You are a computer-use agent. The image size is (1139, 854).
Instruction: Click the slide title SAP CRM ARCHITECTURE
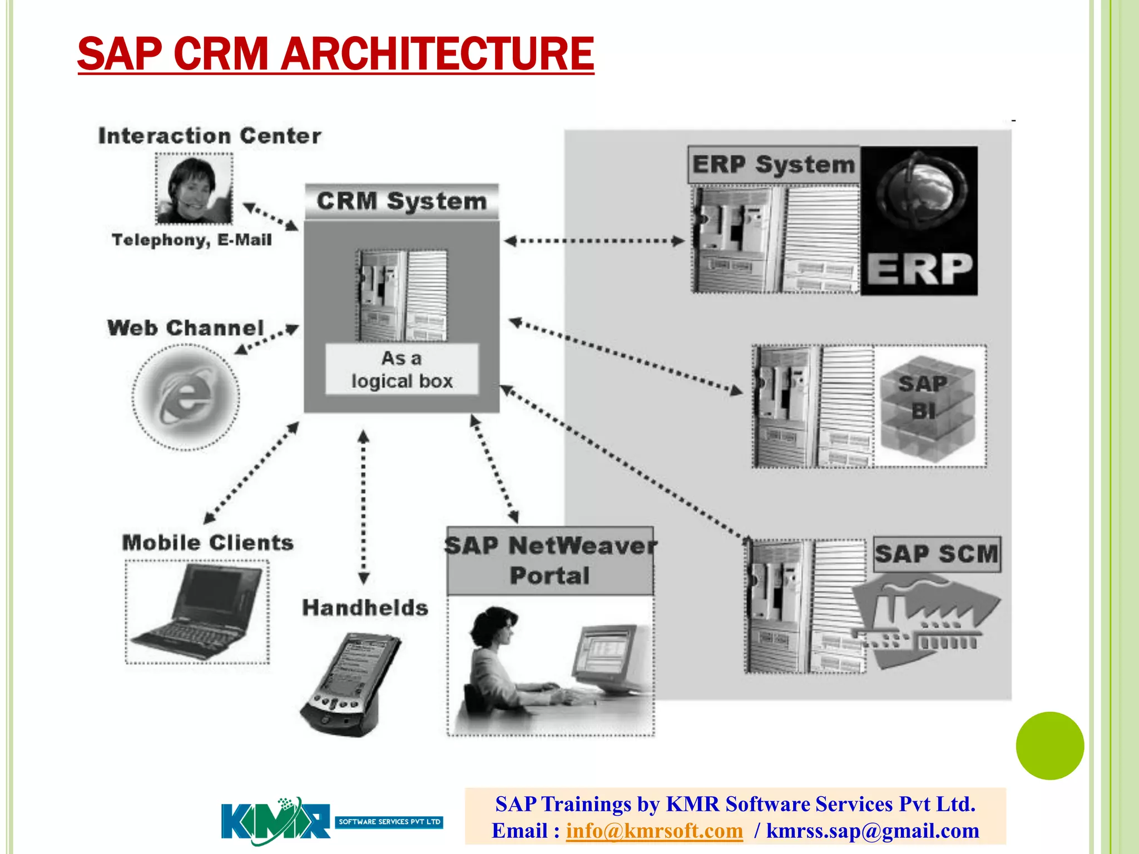coord(335,54)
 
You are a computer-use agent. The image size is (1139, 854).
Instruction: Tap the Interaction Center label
coord(210,136)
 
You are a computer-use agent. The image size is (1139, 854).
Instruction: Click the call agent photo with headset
coord(194,189)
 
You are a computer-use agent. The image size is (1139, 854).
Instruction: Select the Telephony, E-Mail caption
coord(192,240)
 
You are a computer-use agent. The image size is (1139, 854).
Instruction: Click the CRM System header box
coord(402,201)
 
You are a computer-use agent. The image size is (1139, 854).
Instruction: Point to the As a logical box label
coord(402,369)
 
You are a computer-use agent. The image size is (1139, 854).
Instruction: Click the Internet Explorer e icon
coord(186,397)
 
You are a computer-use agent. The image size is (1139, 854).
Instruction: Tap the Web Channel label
coord(185,327)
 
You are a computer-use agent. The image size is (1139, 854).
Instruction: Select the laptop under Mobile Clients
coord(197,612)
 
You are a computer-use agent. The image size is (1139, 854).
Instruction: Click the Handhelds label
coord(365,608)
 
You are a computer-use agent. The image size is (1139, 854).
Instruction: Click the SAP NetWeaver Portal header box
coord(550,560)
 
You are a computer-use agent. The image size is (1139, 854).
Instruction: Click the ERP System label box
coord(773,165)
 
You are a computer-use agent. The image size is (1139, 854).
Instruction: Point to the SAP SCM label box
coord(937,554)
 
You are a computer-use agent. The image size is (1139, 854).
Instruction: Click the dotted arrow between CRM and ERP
coord(594,241)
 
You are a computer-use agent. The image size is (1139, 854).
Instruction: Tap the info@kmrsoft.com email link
coord(654,831)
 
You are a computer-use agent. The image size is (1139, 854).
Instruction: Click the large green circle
coord(1049,746)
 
